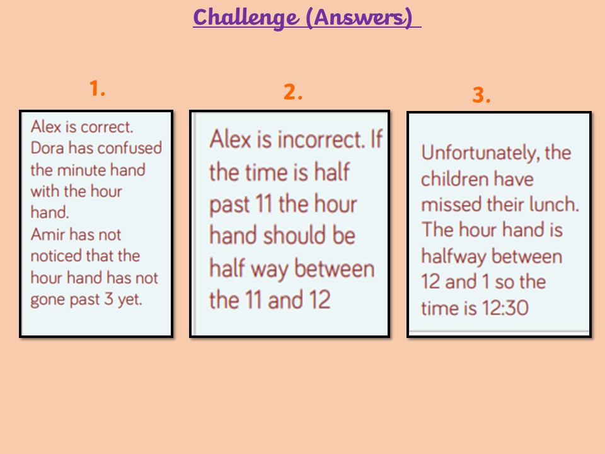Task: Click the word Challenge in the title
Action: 246,18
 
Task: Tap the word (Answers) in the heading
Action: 359,18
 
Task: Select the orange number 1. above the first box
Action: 97,88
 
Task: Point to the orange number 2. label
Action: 293,92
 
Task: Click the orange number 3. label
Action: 481,95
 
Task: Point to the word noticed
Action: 56,256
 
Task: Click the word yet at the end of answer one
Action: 130,300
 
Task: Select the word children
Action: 454,179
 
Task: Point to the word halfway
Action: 453,257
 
